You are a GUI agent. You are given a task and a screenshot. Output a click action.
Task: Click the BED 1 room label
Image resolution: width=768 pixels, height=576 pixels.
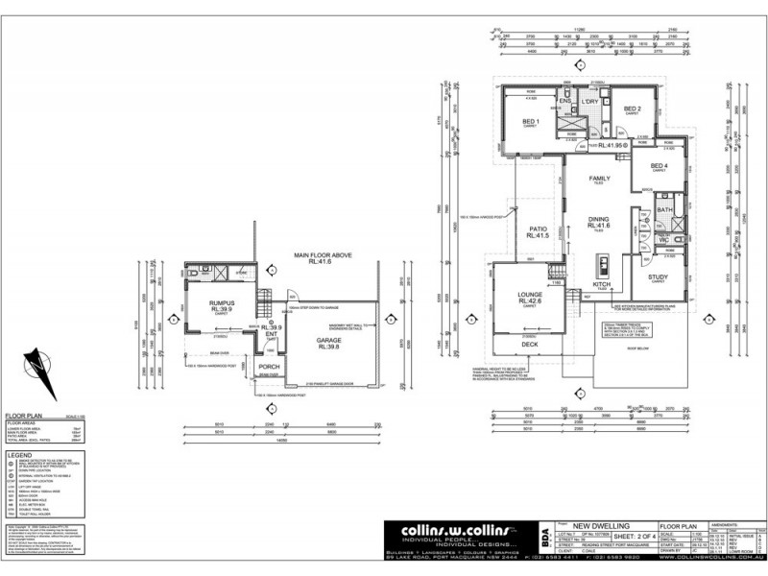pos(530,122)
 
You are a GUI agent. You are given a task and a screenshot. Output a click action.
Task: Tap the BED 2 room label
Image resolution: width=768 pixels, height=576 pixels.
pos(632,108)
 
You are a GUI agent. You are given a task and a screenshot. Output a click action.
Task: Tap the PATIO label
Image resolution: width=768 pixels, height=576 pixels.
pos(537,228)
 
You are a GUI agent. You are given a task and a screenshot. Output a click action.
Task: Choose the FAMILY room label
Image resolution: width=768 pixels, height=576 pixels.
pos(600,179)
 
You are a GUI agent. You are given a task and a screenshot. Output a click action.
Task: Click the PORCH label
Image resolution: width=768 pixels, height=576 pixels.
pos(269,367)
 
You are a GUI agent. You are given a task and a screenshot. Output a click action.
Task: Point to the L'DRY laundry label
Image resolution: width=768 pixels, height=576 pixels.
pos(590,101)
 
